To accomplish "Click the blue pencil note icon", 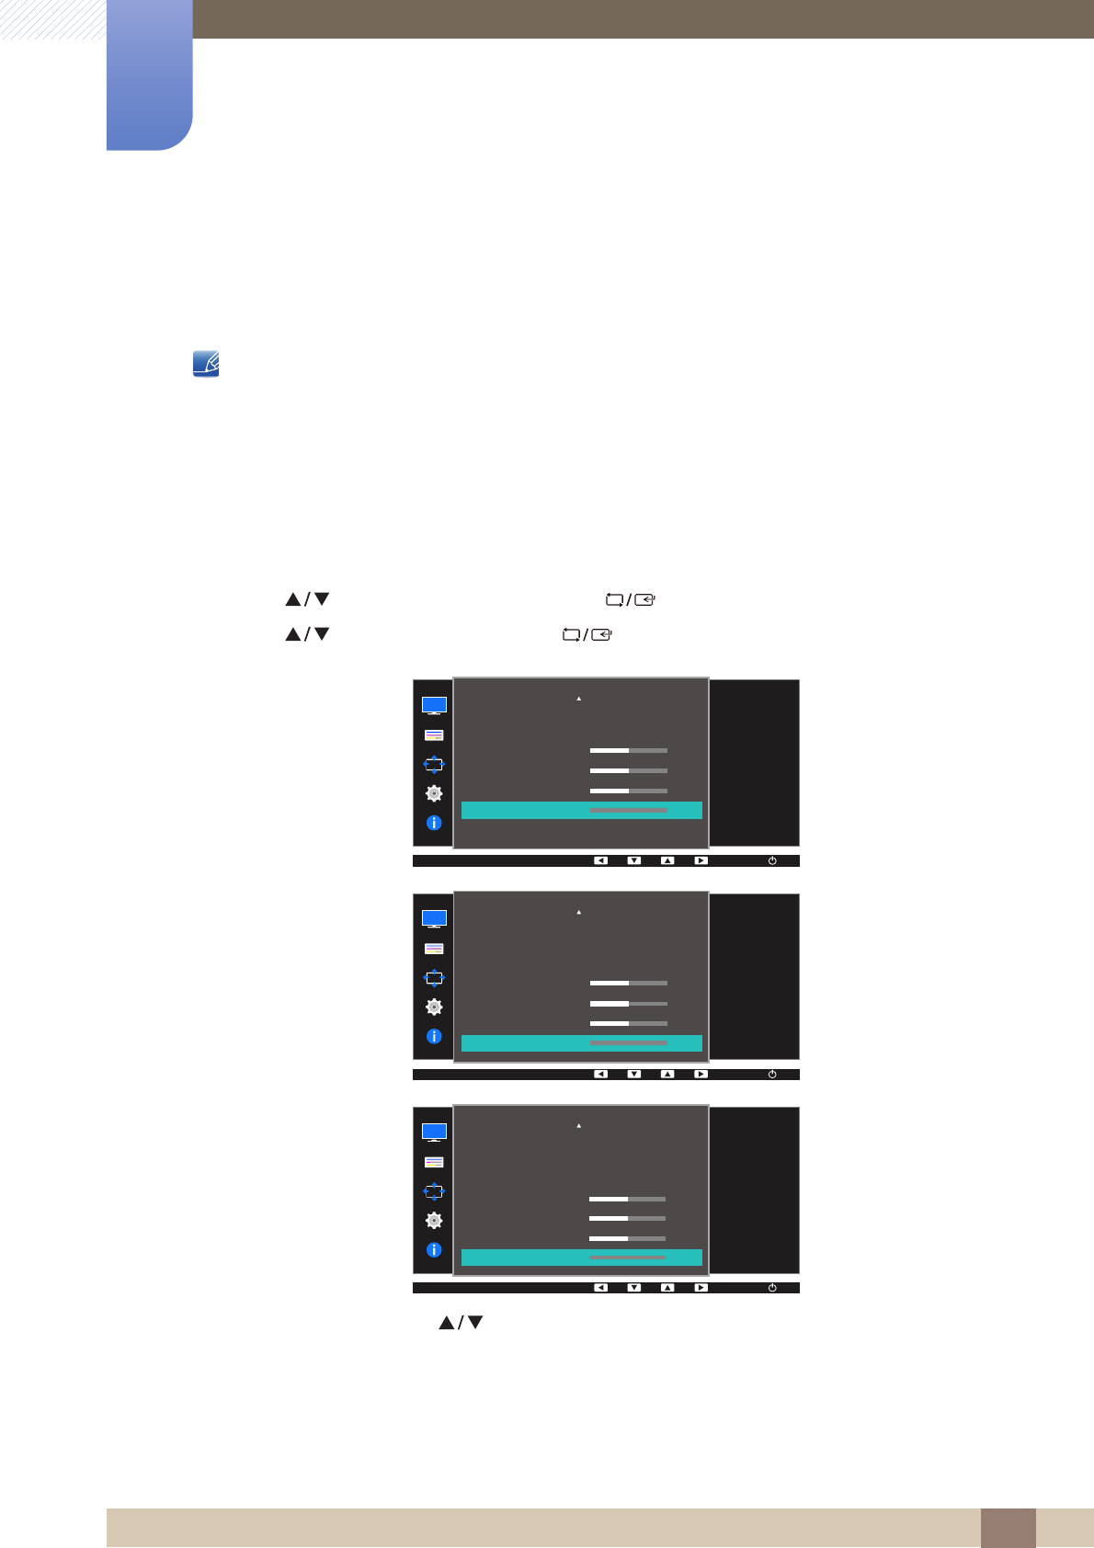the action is coord(206,364).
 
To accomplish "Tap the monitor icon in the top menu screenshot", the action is coord(434,706).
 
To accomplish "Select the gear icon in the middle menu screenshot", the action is coord(434,1007).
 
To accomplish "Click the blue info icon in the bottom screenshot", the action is coord(434,1250).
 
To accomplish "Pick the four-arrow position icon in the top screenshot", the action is coord(434,764).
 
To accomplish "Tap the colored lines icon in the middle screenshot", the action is coord(434,949).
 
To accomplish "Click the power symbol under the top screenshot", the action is coord(772,861).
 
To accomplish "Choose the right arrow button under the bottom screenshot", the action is coord(701,1288).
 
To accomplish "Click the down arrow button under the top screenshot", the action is coord(634,861).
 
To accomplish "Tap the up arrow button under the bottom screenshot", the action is coord(667,1288).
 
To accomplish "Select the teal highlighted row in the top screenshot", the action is coord(581,810).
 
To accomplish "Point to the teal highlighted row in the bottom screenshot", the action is coord(581,1258).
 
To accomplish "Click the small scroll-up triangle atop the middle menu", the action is coord(579,912).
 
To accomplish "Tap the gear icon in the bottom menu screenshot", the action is coord(434,1221).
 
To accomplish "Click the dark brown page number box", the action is coord(1008,1528).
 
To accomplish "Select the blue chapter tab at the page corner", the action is coord(149,75).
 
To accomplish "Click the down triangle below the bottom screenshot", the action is coord(475,1323).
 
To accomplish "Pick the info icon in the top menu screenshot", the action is coord(434,824).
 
